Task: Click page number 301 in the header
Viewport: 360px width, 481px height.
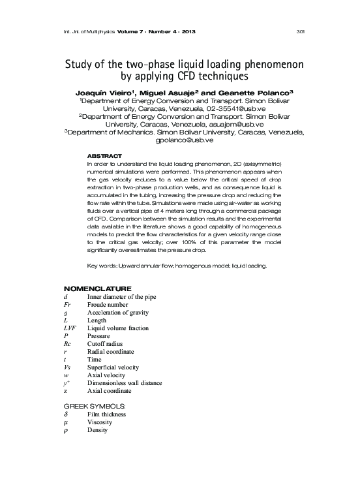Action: tap(301, 31)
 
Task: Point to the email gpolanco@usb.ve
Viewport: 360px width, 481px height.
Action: tap(185, 140)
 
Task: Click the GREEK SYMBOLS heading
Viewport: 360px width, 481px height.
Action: tap(94, 405)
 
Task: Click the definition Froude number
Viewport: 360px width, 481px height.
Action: tap(110, 304)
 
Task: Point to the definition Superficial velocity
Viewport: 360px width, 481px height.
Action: tap(113, 367)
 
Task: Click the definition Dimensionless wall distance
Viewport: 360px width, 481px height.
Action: tap(125, 383)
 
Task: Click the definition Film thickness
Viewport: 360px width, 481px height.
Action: tap(106, 414)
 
